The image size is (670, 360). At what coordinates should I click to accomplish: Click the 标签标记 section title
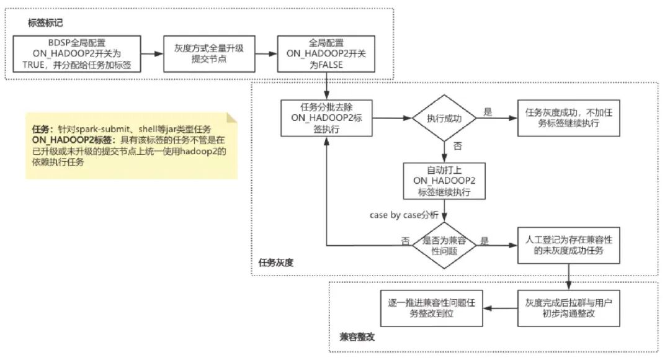click(x=45, y=23)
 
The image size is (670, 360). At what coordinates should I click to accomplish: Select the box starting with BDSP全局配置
click(x=77, y=54)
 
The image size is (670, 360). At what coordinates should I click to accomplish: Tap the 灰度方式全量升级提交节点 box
click(x=210, y=54)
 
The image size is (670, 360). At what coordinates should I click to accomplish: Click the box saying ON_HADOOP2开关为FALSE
click(x=326, y=54)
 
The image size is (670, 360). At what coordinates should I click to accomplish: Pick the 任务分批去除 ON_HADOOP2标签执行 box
click(x=326, y=118)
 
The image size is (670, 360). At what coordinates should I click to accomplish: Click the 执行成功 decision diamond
click(x=444, y=118)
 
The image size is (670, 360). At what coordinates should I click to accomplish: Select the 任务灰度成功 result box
click(x=569, y=118)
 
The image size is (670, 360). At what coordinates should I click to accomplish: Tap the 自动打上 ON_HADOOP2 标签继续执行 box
click(x=444, y=181)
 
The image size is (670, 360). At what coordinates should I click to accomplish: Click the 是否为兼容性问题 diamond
click(x=444, y=245)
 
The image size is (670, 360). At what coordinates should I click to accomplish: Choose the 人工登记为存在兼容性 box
click(x=569, y=245)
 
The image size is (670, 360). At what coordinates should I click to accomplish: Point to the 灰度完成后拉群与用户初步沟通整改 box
click(x=569, y=308)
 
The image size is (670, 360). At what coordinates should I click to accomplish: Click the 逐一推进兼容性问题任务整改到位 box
click(x=432, y=308)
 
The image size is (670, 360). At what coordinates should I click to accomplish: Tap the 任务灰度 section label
click(x=276, y=263)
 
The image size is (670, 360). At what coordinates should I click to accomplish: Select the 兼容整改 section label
click(x=357, y=337)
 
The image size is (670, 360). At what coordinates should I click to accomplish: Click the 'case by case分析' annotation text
click(x=404, y=215)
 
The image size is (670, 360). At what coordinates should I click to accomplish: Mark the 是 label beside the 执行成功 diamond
click(x=488, y=112)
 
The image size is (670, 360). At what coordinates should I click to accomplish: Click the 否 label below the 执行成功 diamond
click(x=458, y=146)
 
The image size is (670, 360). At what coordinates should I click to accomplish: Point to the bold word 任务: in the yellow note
click(x=43, y=129)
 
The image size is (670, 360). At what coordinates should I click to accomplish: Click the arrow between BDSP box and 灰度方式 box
click(x=152, y=54)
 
